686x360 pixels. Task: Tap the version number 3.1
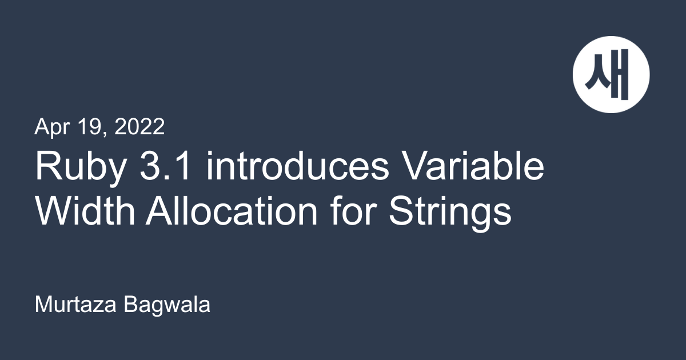click(x=165, y=166)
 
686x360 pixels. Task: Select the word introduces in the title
click(x=298, y=165)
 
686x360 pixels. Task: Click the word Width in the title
click(x=85, y=210)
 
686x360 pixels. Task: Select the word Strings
click(x=450, y=213)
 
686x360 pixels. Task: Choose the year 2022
click(x=139, y=126)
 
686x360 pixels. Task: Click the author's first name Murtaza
click(x=75, y=305)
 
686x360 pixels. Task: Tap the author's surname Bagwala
click(x=167, y=306)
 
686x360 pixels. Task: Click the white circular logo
click(x=611, y=75)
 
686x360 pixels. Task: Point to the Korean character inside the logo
click(x=607, y=74)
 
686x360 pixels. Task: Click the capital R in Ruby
click(x=49, y=166)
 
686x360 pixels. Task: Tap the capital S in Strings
click(x=401, y=211)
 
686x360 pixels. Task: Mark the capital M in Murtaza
click(x=45, y=305)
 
